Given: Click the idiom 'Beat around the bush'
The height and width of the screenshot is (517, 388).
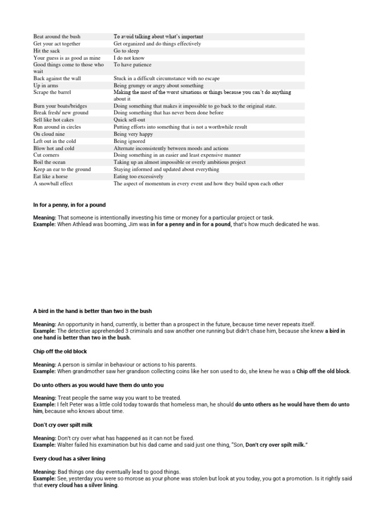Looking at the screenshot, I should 57,37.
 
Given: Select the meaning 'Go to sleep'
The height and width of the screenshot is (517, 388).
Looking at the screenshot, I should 126,51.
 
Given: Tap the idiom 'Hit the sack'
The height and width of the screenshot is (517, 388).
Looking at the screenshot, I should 47,51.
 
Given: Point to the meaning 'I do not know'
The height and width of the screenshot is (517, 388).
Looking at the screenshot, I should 129,58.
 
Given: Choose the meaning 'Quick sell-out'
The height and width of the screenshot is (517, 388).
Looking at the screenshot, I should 129,120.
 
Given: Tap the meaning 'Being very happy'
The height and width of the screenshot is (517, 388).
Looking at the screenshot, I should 133,134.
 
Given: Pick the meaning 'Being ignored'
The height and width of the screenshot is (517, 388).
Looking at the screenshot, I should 129,141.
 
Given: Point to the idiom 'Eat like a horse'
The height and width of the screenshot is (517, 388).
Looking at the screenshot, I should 52,177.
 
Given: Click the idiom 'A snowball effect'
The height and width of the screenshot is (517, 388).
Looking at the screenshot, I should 53,184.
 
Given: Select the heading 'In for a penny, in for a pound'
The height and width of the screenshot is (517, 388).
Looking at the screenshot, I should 69,205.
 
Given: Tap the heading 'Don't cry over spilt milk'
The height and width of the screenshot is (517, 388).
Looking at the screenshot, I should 63,425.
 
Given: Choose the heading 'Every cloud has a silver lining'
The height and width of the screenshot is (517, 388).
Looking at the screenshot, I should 70,459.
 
